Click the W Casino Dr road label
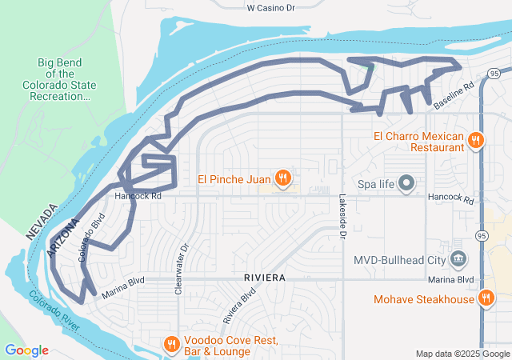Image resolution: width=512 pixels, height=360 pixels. click(270, 7)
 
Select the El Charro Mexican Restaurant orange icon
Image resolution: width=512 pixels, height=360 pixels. click(475, 141)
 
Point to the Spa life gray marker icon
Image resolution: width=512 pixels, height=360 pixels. click(406, 184)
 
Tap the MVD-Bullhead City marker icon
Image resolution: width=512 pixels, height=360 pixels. click(458, 259)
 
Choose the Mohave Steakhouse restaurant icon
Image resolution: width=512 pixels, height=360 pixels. click(486, 299)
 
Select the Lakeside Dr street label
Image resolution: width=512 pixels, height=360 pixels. click(342, 216)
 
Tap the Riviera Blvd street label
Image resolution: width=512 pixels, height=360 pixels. click(238, 305)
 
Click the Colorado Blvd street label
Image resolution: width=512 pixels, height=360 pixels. click(92, 238)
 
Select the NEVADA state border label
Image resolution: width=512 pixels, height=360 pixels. click(39, 222)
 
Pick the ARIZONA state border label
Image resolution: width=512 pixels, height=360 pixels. click(63, 238)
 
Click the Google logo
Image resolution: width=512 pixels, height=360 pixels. click(26, 350)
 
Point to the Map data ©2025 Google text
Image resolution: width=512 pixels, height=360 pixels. click(462, 354)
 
